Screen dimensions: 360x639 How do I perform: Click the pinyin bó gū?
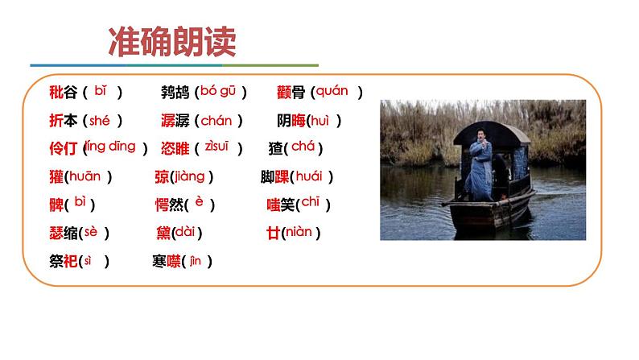217,92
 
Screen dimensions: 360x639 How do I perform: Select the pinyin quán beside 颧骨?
332,91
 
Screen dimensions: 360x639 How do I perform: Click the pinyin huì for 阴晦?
320,120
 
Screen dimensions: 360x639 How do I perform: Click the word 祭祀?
63,261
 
